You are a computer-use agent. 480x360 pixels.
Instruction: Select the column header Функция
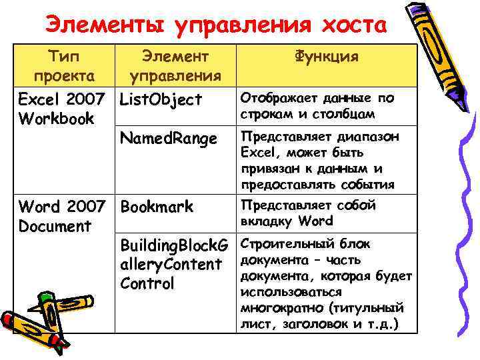326,57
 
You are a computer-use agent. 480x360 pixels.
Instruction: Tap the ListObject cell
160,100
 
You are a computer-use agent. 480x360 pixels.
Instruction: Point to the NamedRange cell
168,139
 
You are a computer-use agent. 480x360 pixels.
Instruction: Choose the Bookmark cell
157,207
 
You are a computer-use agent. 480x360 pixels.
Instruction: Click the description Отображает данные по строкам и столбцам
317,106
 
